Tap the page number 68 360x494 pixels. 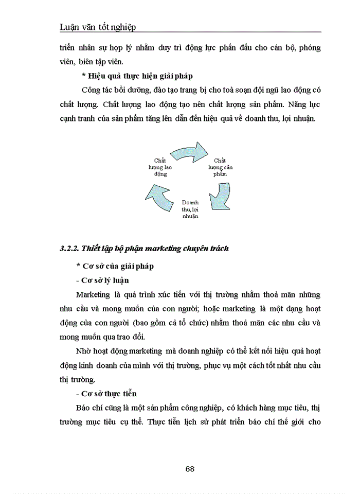(189, 469)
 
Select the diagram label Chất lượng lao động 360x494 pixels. (160, 167)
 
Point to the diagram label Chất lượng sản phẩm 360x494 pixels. (220, 167)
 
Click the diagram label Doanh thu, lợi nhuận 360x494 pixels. (190, 209)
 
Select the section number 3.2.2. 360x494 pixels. (68, 249)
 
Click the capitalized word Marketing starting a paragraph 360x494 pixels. (93, 295)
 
